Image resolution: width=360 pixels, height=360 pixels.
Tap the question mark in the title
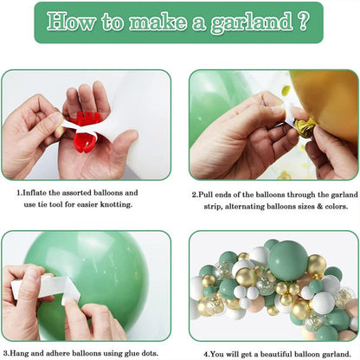tap(303, 21)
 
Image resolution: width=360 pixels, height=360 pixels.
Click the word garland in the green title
tap(252, 23)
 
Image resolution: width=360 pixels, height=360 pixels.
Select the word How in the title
tap(71, 22)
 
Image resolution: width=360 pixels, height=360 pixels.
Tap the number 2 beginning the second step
tap(194, 195)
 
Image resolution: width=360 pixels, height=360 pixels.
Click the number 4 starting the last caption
tap(206, 354)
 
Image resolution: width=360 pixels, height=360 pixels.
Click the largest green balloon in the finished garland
tap(288, 260)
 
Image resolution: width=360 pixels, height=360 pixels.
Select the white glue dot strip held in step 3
tap(46, 288)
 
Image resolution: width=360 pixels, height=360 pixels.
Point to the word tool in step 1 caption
tap(57, 204)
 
